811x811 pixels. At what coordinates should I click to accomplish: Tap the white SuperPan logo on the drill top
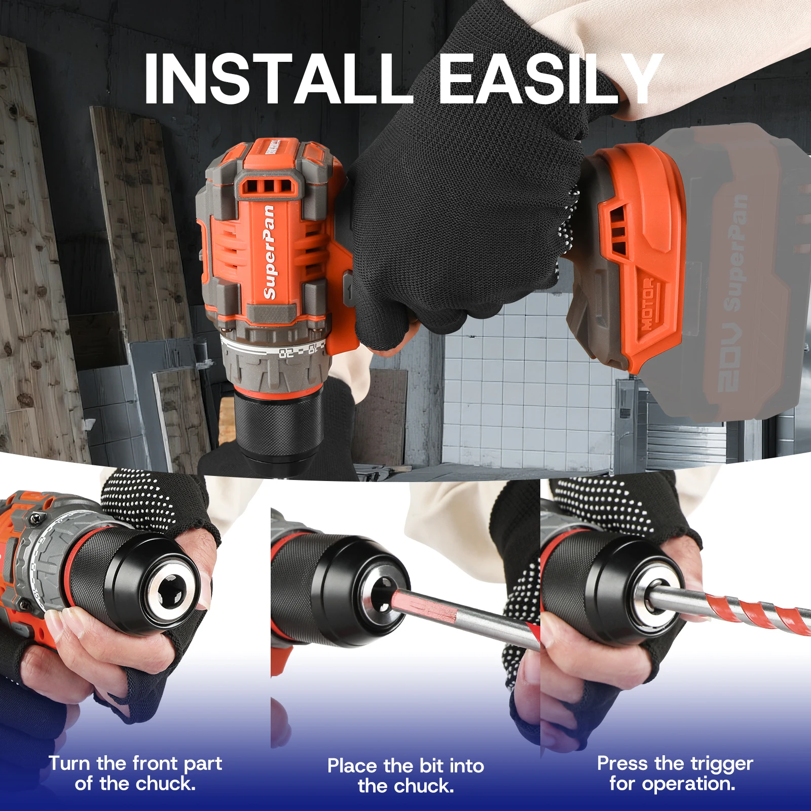pyautogui.click(x=269, y=252)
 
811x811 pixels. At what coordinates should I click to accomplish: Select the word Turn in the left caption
pyautogui.click(x=69, y=763)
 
